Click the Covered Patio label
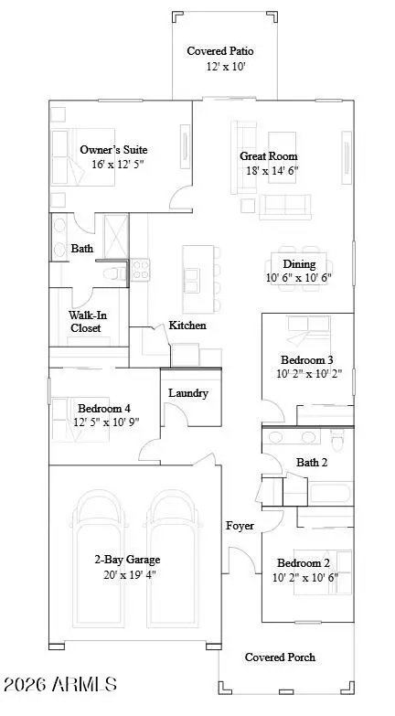point(219,51)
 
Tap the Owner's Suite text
point(113,150)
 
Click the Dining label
point(297,264)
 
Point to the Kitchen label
point(187,326)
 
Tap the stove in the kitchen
point(142,269)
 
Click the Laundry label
point(188,393)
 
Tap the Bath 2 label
point(313,463)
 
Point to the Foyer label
point(240,526)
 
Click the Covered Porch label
point(280,657)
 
